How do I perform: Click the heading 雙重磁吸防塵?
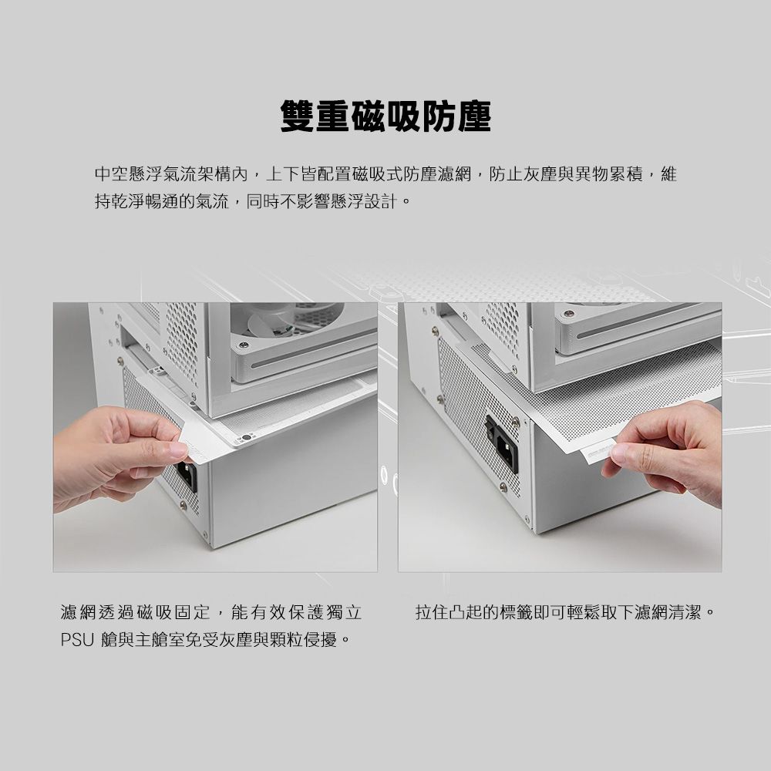(385, 116)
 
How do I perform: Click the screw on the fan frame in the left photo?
(244, 345)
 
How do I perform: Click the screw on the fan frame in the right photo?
(568, 315)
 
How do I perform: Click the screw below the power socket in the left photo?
(183, 506)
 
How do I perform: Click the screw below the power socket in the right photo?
(503, 487)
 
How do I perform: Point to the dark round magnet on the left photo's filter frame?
(245, 438)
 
